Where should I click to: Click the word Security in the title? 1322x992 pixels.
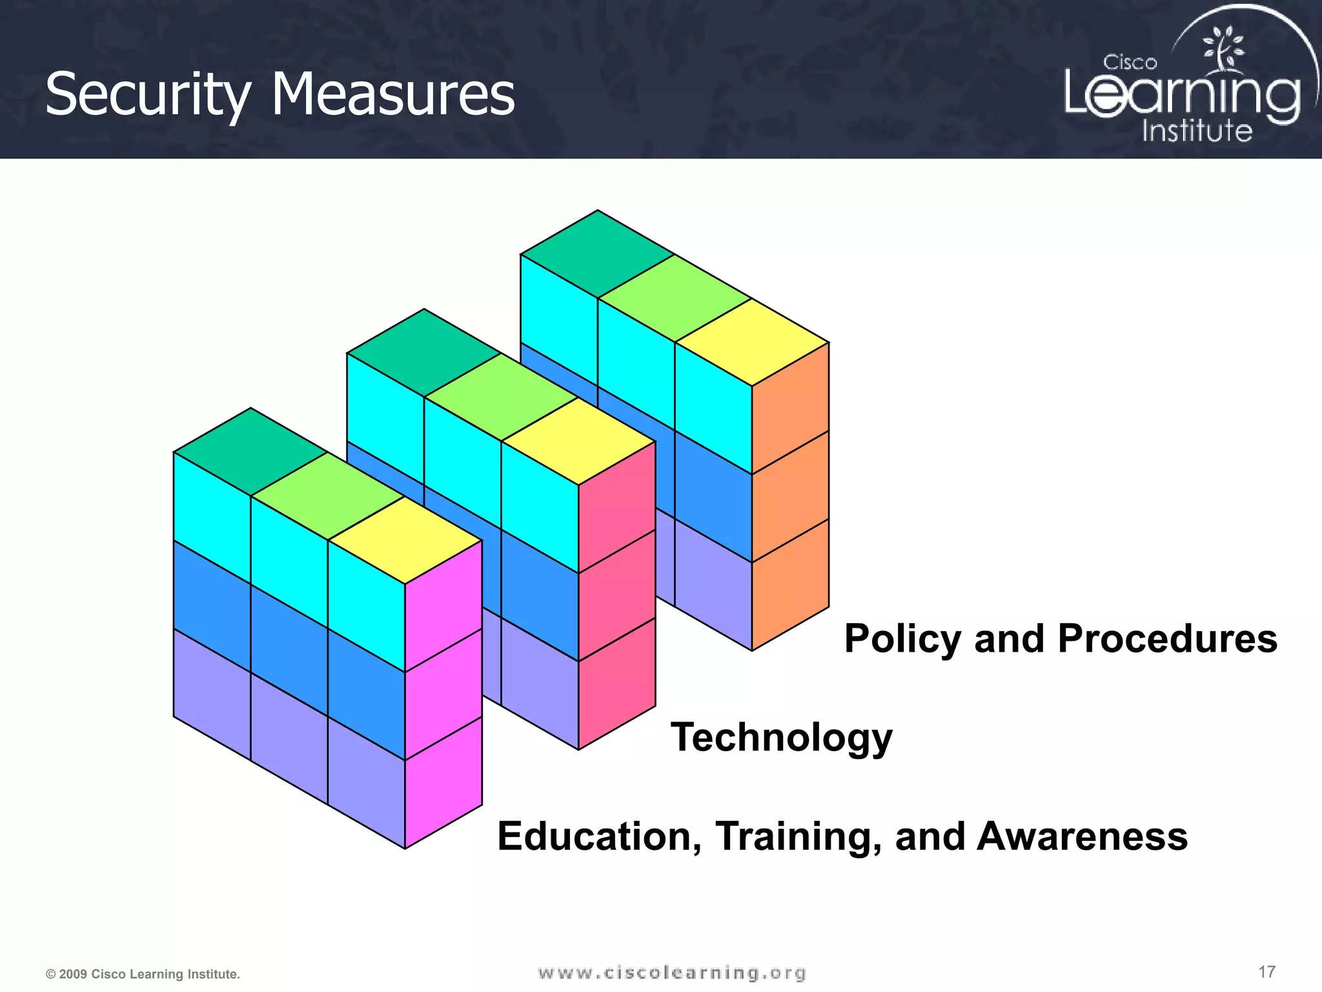coord(147,95)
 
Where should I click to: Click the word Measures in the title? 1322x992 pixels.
coord(392,95)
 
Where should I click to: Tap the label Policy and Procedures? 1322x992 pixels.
coord(1061,639)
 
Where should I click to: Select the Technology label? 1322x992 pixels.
coord(781,737)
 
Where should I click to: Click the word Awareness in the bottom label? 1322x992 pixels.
coord(1082,836)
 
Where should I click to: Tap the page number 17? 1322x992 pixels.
coord(1266,972)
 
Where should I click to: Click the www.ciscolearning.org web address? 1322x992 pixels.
coord(672,973)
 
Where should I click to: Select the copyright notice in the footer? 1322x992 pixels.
coord(143,974)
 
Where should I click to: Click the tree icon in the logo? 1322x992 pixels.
coord(1222,48)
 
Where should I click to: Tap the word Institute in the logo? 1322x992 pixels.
coord(1197,130)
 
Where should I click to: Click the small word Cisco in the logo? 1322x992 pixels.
coord(1130,63)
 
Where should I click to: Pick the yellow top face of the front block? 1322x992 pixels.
coord(405,540)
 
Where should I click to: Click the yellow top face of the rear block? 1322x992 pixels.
coord(752,342)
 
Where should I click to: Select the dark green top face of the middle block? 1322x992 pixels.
coord(424,353)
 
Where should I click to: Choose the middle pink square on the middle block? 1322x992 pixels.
coord(617,595)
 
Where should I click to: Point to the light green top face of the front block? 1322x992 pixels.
coord(328,496)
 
